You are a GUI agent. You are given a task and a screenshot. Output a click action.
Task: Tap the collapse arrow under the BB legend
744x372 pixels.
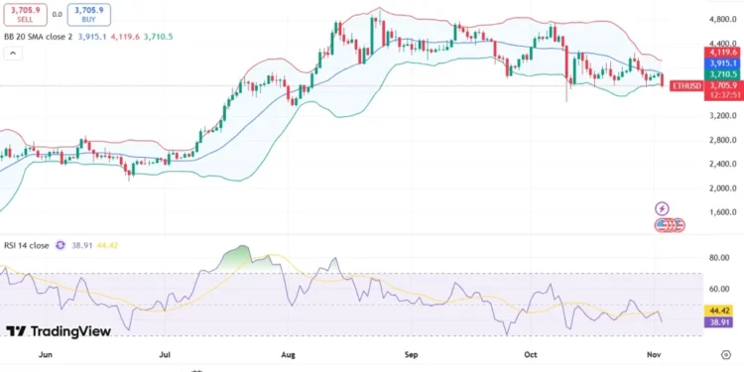[x=13, y=54]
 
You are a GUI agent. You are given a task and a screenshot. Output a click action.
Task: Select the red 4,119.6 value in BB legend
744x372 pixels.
[x=125, y=36]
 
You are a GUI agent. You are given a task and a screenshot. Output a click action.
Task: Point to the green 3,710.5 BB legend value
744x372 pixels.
[x=159, y=36]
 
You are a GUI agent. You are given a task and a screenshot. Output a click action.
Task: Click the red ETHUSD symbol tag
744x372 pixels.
[x=686, y=85]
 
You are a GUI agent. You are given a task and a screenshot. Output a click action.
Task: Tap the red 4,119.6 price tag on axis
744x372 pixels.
[x=722, y=52]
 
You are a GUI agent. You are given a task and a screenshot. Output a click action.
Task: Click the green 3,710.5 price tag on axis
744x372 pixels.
[x=722, y=73]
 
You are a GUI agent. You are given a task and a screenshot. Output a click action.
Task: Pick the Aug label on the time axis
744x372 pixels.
[x=290, y=352]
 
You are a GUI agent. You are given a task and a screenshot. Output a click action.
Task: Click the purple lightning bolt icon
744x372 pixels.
[x=662, y=208]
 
